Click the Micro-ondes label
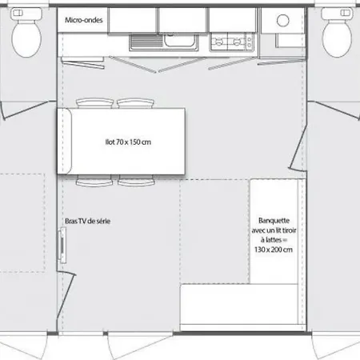pyautogui.click(x=84, y=20)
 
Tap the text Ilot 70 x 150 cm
pyautogui.click(x=128, y=142)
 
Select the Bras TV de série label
pyautogui.click(x=87, y=221)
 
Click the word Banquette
pyautogui.click(x=274, y=221)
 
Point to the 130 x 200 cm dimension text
pyautogui.click(x=274, y=250)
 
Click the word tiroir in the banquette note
pyautogui.click(x=289, y=230)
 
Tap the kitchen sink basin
pyautogui.click(x=180, y=40)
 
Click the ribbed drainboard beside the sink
pyautogui.click(x=146, y=41)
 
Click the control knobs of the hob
pyautogui.click(x=250, y=42)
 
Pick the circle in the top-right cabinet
pyautogui.click(x=282, y=20)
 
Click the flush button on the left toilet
pyautogui.click(x=18, y=13)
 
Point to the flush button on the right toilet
pyautogui.click(x=346, y=13)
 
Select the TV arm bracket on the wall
pyautogui.click(x=62, y=245)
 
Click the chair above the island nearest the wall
pyautogui.click(x=94, y=103)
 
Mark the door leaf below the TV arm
pyautogui.click(x=67, y=294)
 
